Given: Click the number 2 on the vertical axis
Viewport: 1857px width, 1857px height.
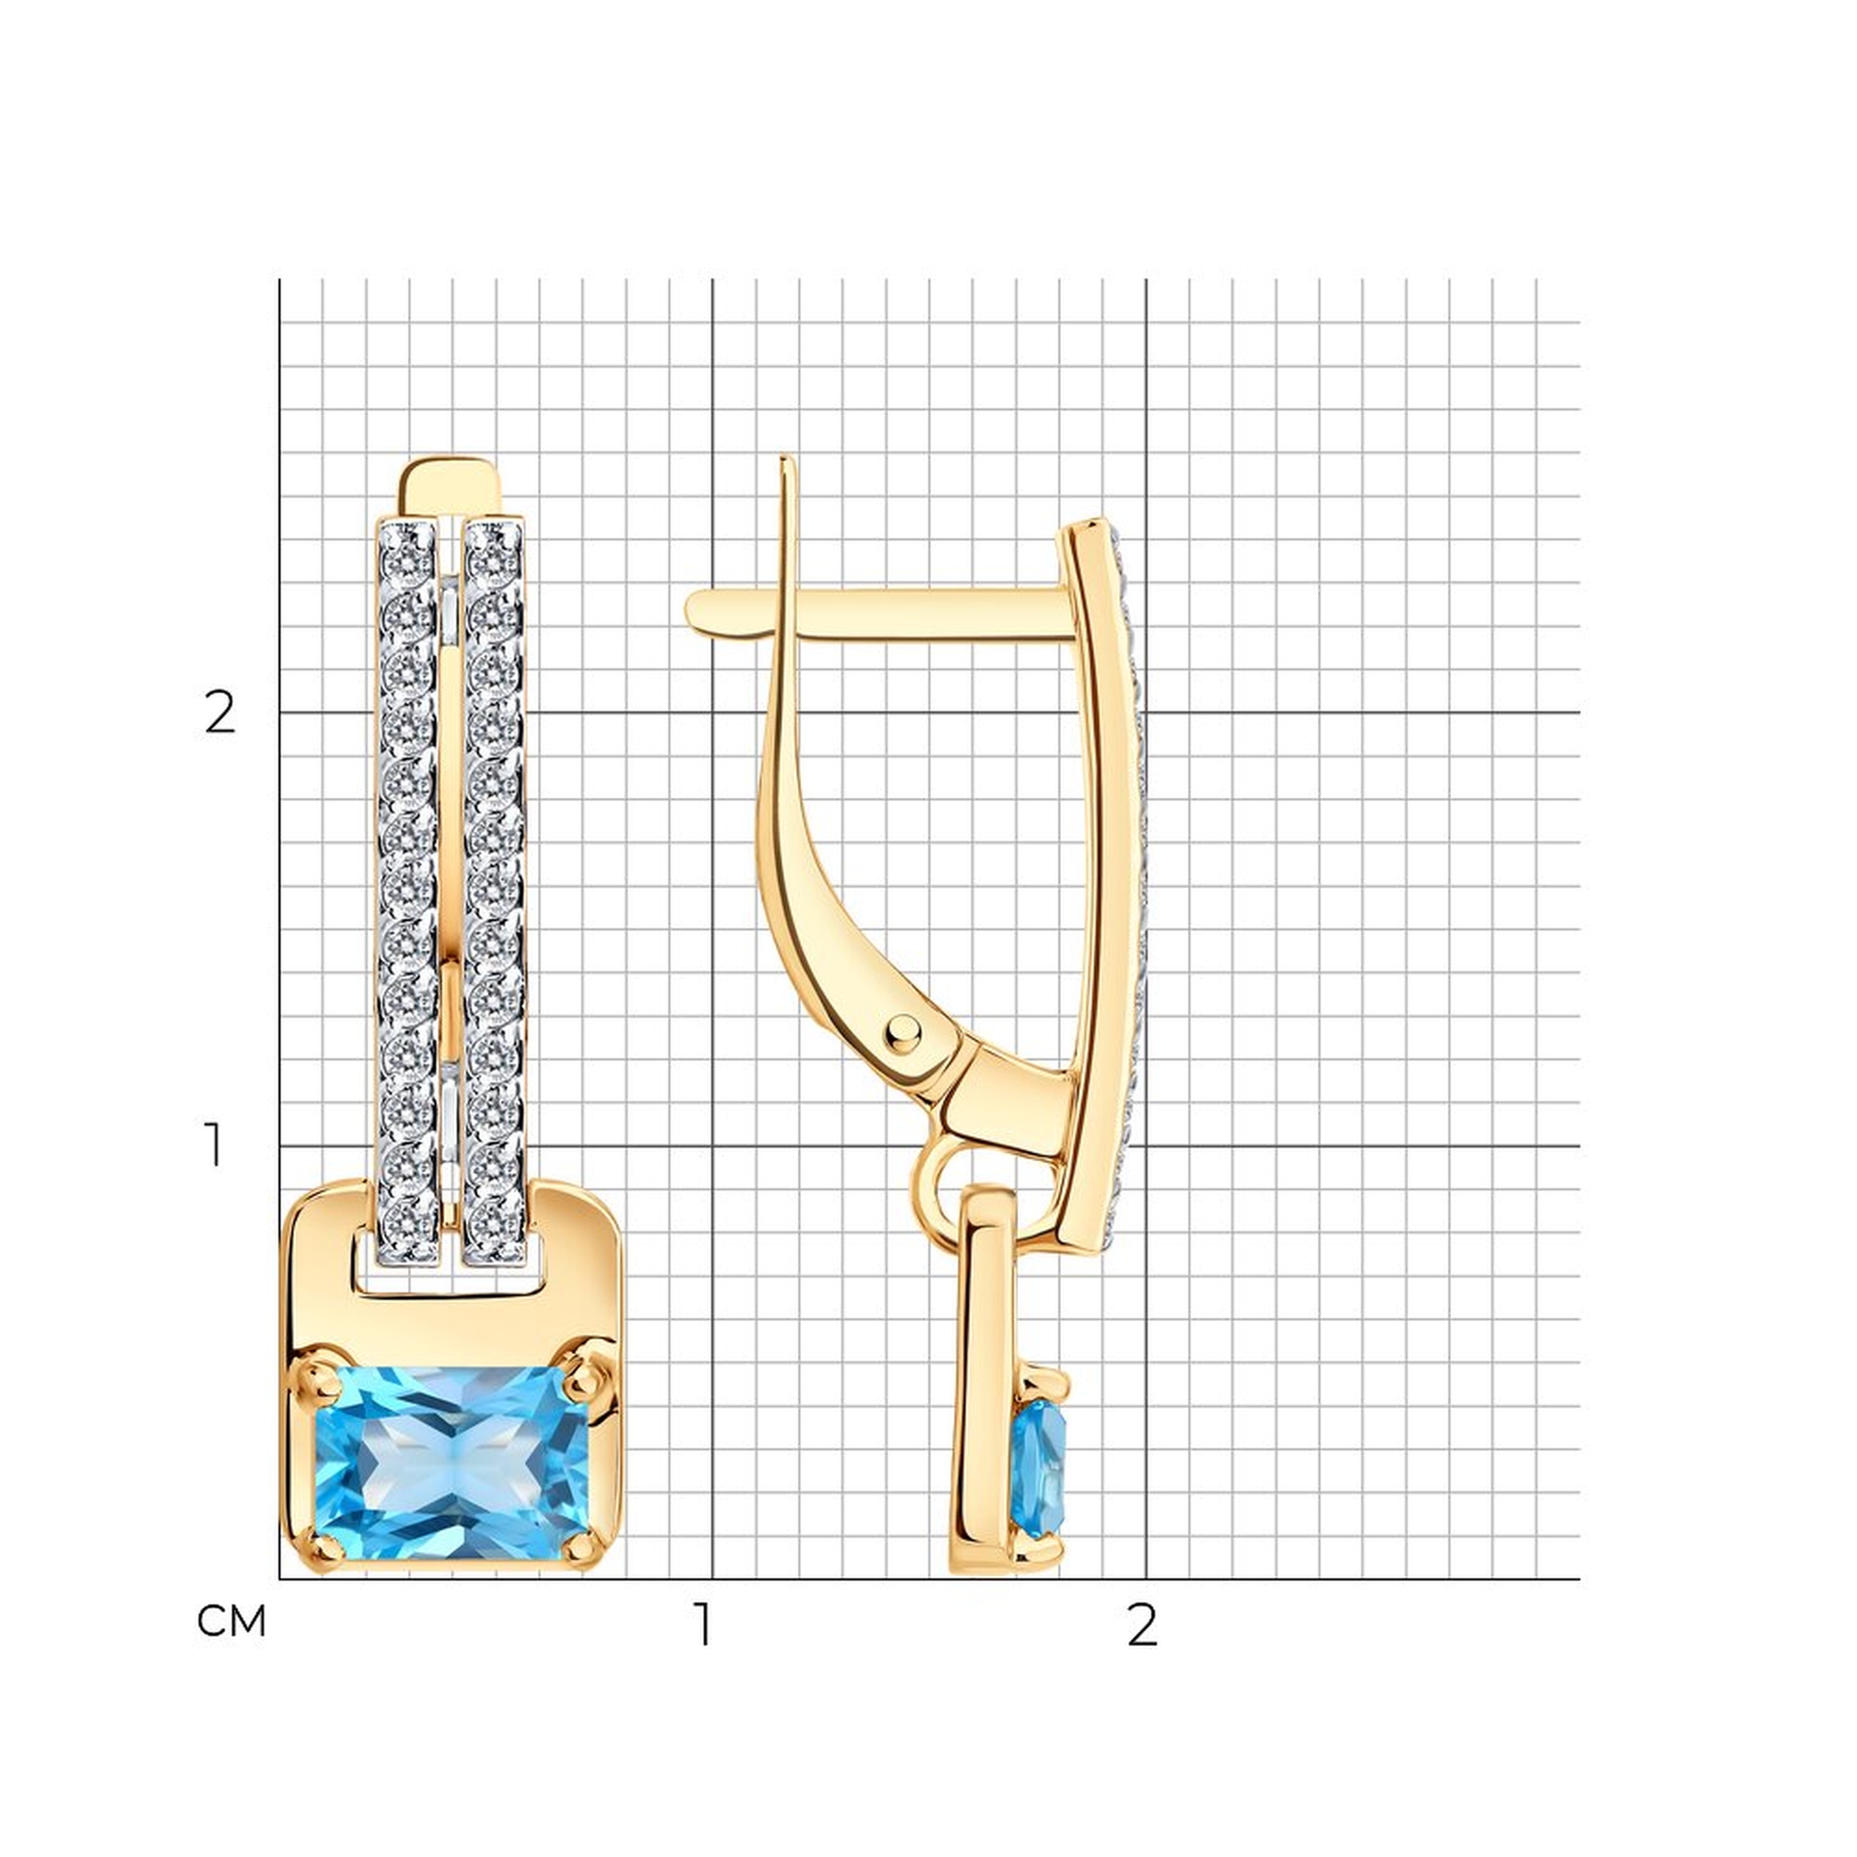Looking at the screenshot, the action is tap(219, 714).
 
